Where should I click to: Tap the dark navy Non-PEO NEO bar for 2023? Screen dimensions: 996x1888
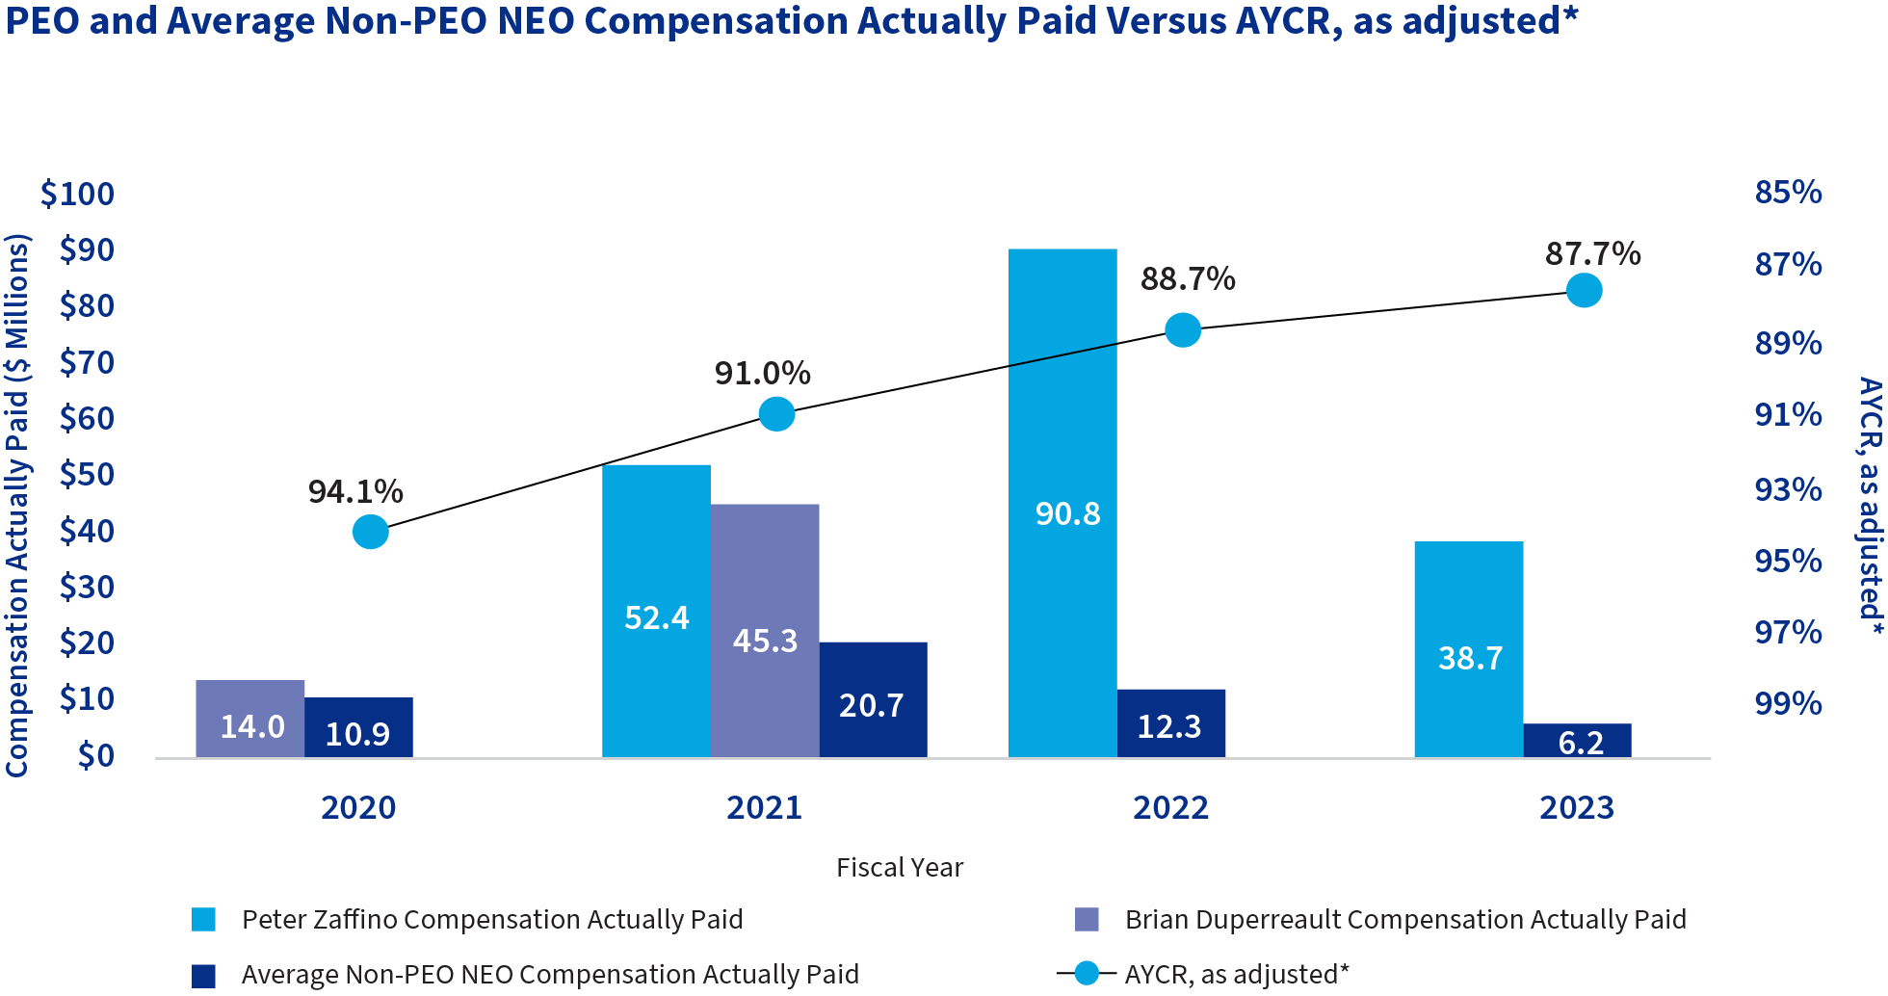[1577, 741]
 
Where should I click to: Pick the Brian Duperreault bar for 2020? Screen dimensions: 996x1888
[250, 719]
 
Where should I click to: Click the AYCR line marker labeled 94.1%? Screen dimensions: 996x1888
[371, 532]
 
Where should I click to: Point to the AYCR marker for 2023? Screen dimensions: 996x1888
[1584, 290]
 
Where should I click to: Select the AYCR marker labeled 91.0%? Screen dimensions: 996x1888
[776, 414]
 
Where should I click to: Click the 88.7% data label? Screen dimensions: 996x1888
[1188, 279]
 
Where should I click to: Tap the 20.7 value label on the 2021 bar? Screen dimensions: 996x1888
[872, 705]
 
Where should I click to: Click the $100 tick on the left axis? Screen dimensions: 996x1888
[77, 194]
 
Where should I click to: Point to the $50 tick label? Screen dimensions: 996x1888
[87, 474]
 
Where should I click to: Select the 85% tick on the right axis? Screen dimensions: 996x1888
[1788, 192]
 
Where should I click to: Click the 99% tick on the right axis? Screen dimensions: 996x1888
[1788, 703]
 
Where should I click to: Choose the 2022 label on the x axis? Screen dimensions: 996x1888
[1170, 807]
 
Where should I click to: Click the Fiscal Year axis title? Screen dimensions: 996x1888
[899, 868]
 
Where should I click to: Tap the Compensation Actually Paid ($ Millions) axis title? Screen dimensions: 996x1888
[17, 506]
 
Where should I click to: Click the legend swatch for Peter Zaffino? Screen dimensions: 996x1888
[203, 920]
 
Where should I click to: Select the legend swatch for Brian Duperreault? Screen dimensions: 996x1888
[1087, 920]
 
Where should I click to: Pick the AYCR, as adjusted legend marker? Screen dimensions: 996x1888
[1087, 974]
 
